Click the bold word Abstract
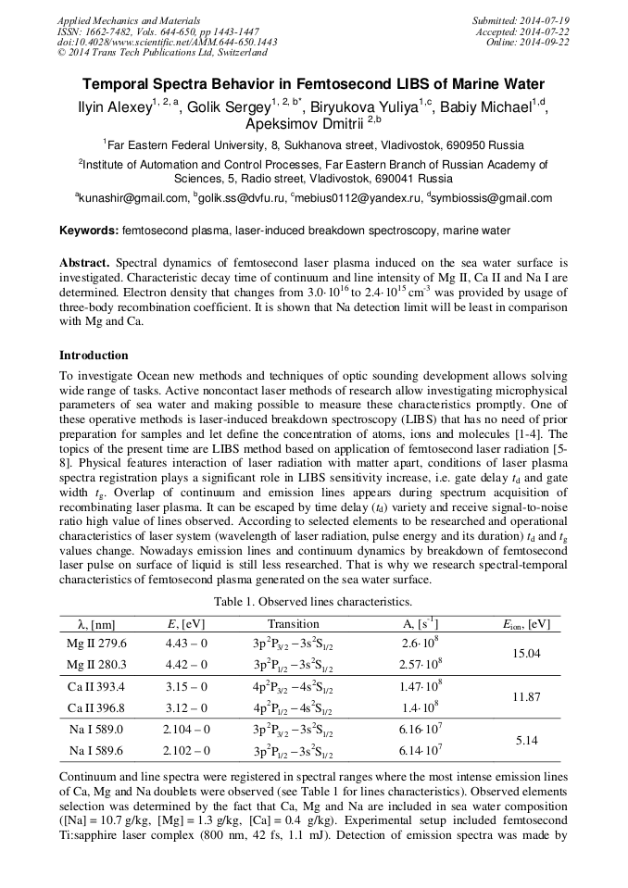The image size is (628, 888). pos(85,263)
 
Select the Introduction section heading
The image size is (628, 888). pos(94,356)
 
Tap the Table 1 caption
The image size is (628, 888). pos(313,602)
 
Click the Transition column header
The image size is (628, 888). pos(293,623)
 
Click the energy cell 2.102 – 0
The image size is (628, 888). pos(186,751)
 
